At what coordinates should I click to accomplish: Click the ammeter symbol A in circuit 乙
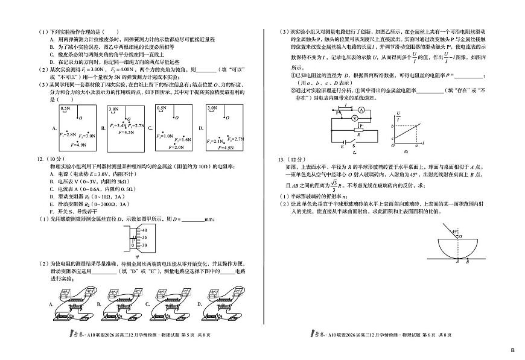click(x=360, y=111)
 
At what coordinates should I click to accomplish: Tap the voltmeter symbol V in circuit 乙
click(x=354, y=119)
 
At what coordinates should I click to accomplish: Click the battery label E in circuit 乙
click(x=343, y=146)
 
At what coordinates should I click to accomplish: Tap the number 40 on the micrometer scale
click(x=143, y=230)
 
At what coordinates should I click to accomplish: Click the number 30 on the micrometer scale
click(x=143, y=245)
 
